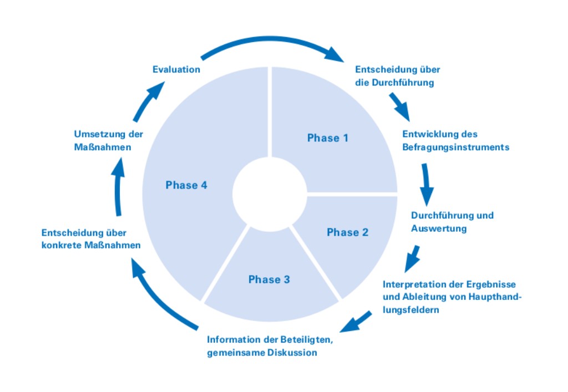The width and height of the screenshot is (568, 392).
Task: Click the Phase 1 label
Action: click(x=327, y=138)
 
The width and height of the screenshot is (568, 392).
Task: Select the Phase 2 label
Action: click(x=347, y=232)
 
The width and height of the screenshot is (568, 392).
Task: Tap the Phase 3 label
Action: click(x=269, y=279)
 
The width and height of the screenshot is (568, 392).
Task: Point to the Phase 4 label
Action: click(x=186, y=185)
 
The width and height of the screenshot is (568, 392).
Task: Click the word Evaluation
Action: click(x=176, y=70)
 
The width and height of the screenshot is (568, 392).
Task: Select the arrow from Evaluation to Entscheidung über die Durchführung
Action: click(x=272, y=44)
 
